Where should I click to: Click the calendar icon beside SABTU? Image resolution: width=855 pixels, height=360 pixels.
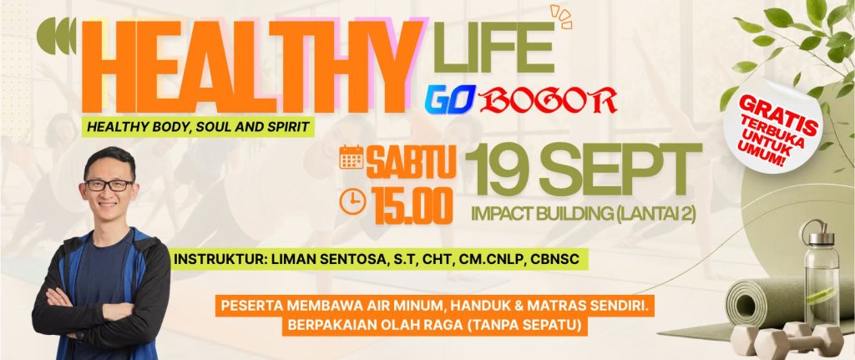352,157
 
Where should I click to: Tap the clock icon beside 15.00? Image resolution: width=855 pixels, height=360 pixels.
352,201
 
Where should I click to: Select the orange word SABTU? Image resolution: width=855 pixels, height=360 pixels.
411,162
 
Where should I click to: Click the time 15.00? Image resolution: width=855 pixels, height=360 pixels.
412,205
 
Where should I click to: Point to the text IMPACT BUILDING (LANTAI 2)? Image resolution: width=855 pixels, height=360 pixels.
584,214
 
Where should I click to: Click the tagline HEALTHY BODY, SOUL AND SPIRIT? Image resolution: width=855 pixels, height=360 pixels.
198,127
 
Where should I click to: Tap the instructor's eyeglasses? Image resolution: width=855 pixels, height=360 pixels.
109,185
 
